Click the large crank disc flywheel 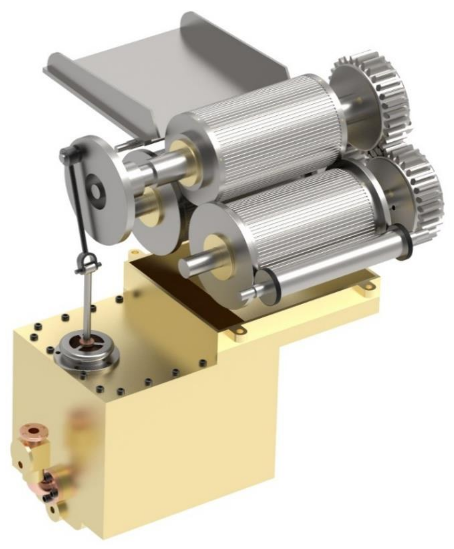[x=97, y=188]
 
